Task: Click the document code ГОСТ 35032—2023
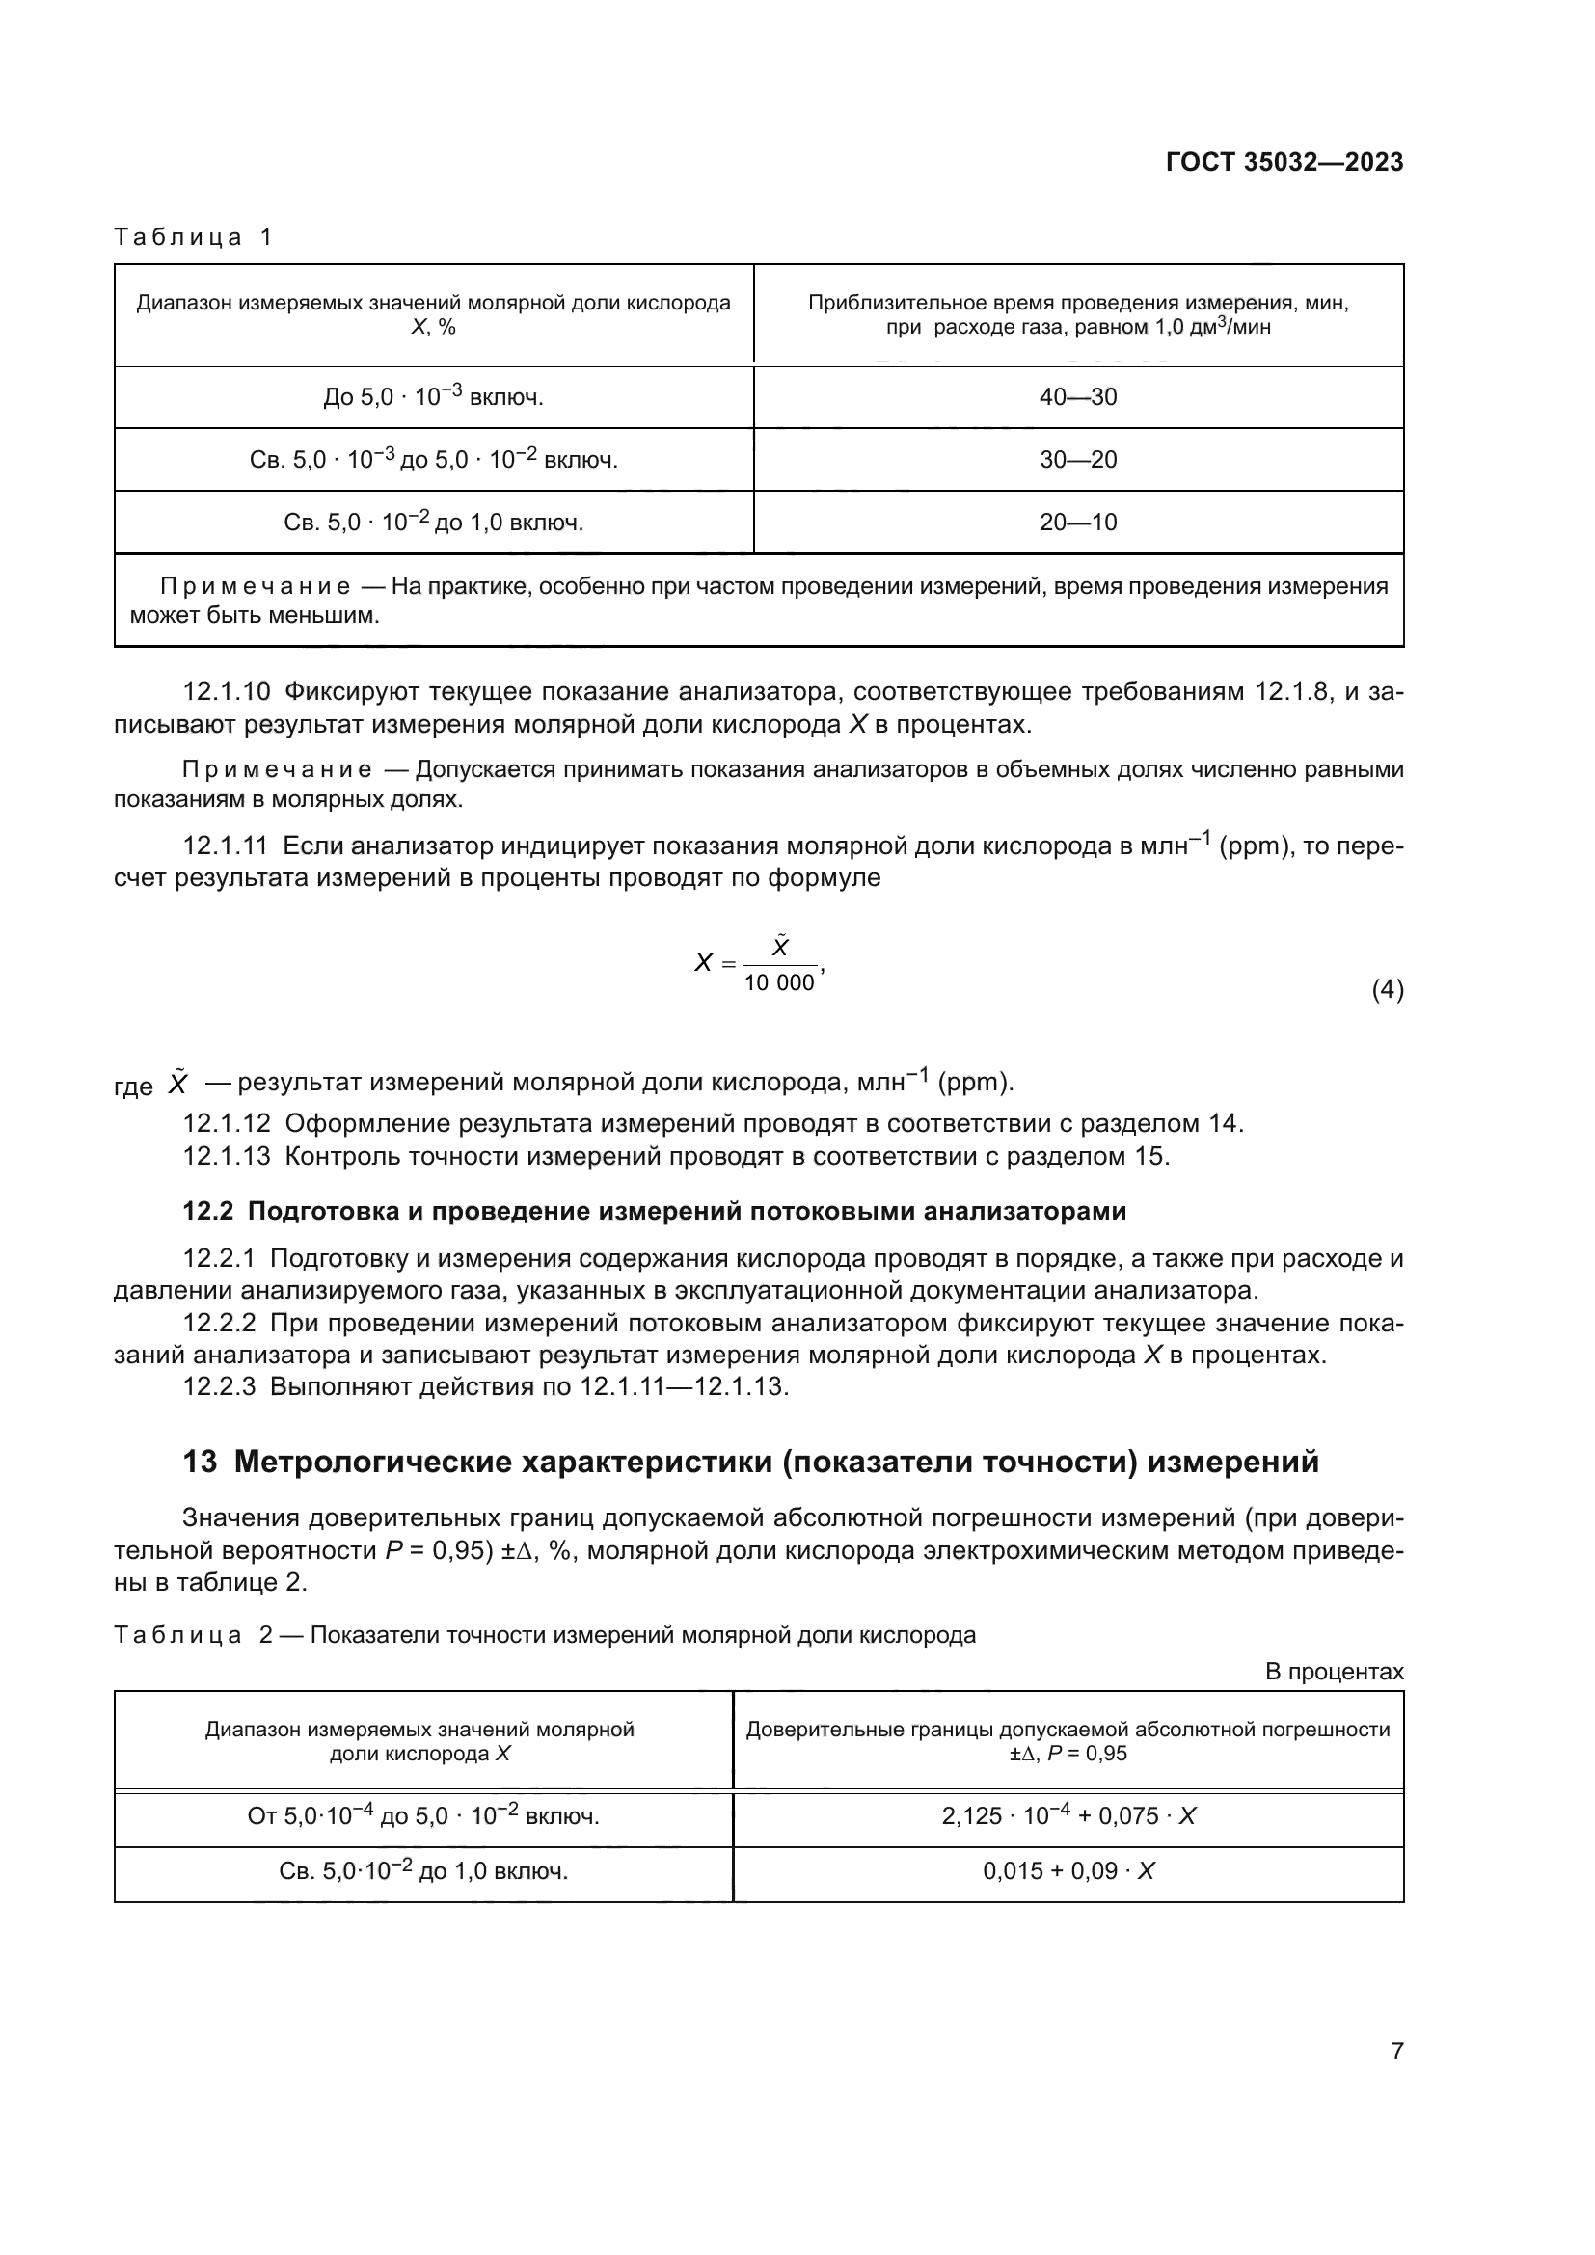coord(1284,162)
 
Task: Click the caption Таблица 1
coord(194,237)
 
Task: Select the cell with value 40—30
coord(1077,397)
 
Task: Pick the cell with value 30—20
coord(1077,460)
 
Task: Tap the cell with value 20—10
coord(1077,522)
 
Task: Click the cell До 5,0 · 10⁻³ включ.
coord(433,397)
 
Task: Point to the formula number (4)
coord(1387,990)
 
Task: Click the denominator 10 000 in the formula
coord(779,983)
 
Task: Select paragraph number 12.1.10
coord(226,692)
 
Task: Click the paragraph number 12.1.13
coord(226,1156)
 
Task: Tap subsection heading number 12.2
coord(207,1212)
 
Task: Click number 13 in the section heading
coord(200,1463)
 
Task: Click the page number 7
coord(1396,2051)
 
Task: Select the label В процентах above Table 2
coord(1334,1672)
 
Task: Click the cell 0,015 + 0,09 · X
coord(1068,1871)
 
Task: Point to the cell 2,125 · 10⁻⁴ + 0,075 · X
coord(1068,1816)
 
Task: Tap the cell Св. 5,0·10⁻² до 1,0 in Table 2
coord(423,1871)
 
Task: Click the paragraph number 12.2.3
coord(218,1386)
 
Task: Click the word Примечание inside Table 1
coord(256,587)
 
